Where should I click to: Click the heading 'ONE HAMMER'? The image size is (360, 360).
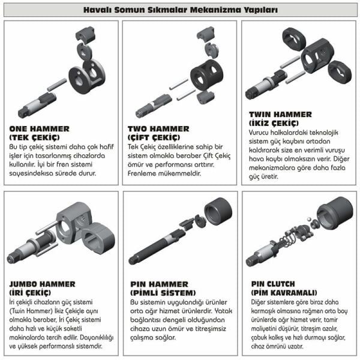39,128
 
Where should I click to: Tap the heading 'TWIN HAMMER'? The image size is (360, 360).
278,114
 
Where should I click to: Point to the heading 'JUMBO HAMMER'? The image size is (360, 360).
42,284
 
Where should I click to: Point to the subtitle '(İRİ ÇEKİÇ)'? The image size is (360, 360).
34,292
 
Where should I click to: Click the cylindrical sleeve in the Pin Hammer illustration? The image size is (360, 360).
217,211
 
